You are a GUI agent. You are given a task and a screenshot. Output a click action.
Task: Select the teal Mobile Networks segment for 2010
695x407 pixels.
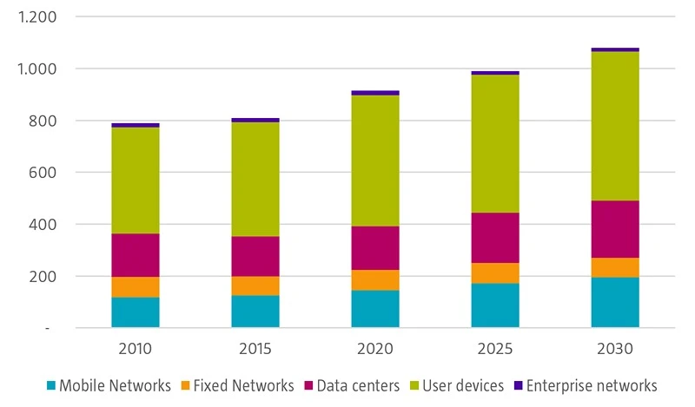136,312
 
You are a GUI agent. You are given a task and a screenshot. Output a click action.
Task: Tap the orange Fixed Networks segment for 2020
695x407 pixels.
375,280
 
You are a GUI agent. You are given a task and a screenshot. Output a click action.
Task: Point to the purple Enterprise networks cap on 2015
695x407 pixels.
255,120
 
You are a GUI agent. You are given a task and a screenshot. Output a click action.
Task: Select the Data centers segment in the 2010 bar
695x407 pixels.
136,255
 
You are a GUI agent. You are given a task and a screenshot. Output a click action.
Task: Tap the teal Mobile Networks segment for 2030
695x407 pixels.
615,302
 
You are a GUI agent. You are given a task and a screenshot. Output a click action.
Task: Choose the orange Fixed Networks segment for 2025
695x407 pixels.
495,273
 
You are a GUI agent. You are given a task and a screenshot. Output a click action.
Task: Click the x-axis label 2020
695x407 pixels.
375,350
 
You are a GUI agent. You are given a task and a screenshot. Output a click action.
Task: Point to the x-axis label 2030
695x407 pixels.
615,350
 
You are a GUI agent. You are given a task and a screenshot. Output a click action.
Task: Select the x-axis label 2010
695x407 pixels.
136,350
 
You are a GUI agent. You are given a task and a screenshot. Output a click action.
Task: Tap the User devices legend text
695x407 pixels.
463,385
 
